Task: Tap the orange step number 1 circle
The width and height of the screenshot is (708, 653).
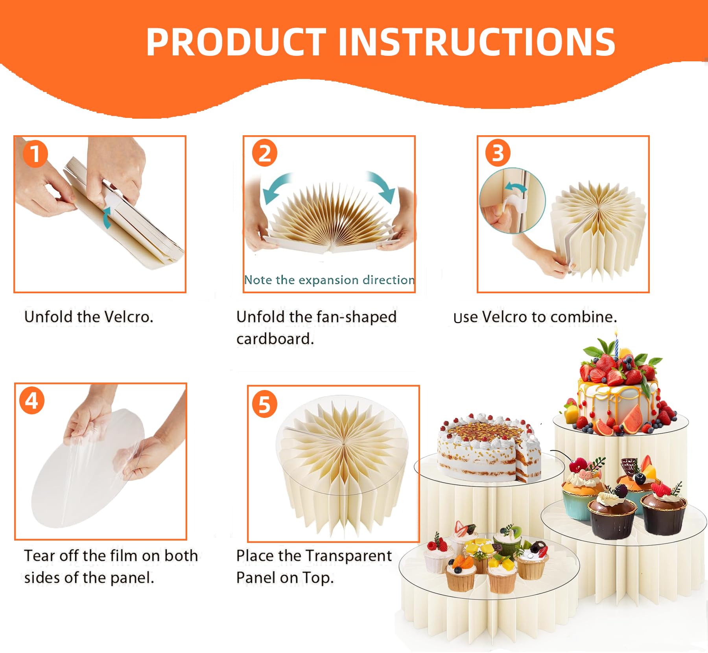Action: (x=35, y=154)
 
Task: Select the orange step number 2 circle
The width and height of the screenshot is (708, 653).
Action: (x=265, y=153)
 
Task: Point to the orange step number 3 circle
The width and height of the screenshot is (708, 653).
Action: (x=498, y=153)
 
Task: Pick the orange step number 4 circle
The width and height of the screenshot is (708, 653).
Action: (x=32, y=401)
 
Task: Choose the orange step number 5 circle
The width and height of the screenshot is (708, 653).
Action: (x=265, y=405)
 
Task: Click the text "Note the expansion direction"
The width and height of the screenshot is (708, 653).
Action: (x=329, y=280)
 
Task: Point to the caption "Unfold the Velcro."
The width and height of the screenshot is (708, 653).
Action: (x=88, y=317)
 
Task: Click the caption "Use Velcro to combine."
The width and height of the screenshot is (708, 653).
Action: (x=535, y=317)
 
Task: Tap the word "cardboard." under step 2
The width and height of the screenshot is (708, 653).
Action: (x=275, y=339)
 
